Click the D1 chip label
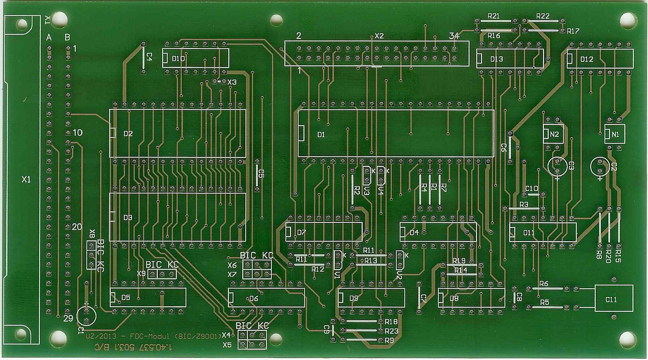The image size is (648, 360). pos(321,135)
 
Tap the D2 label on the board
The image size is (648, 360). pos(128,134)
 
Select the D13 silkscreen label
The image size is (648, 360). pos(496,59)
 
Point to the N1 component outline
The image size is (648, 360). pos(615,134)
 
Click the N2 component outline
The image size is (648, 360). pos(554,134)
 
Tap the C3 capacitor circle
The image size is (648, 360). pos(557,166)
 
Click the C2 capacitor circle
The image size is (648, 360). pos(600,166)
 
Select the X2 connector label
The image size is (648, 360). pos(379,36)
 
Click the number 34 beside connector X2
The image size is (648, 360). pos(454,36)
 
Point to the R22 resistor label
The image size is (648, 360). pos(543,16)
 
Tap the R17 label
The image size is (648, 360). pos(573,31)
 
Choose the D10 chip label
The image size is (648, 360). pos(178,59)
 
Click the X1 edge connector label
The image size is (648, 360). pos(26,180)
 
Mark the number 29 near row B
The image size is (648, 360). pos(68,318)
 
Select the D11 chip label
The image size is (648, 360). pos(529,233)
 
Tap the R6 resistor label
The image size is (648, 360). pos(544,284)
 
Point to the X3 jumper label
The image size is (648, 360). pos(232,82)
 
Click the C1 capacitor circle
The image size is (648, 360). pos(86,316)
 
